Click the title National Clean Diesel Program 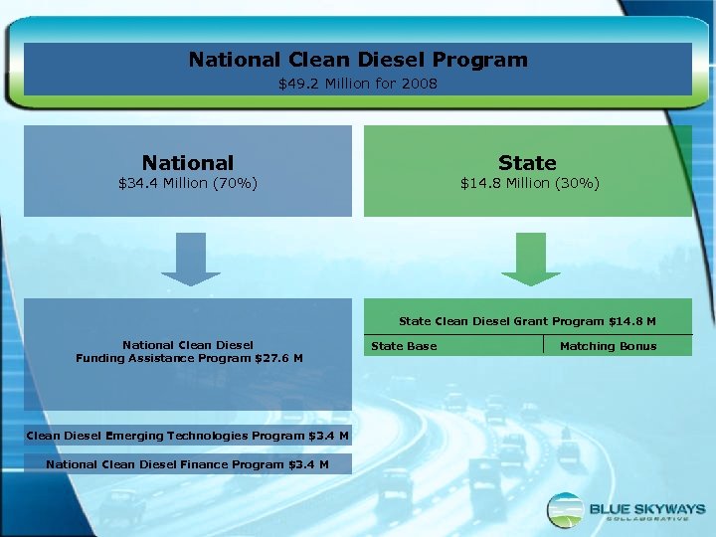(358, 60)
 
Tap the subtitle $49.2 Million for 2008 (358, 84)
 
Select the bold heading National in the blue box (188, 162)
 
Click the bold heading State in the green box (528, 162)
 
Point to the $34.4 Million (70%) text (188, 183)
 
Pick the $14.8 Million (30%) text (529, 183)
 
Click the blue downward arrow (190, 259)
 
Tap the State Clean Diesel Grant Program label (527, 321)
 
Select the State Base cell (404, 346)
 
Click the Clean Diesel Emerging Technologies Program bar (187, 436)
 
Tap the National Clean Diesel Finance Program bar (187, 464)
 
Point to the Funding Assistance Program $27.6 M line (189, 358)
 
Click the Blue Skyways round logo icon (565, 509)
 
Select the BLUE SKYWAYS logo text (646, 507)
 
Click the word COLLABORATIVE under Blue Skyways (646, 520)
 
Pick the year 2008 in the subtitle (421, 84)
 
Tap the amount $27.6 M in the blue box (279, 358)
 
